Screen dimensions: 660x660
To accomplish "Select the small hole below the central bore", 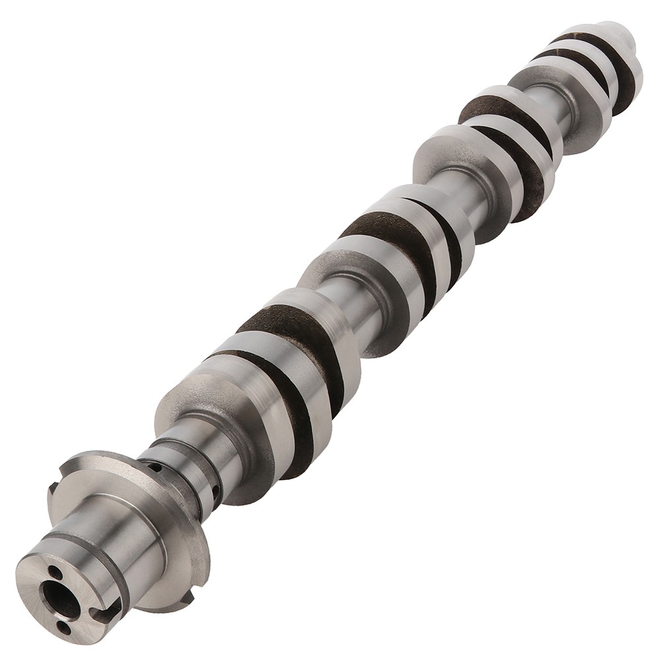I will (x=64, y=626).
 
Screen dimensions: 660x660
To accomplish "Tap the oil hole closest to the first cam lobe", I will (x=216, y=491).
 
